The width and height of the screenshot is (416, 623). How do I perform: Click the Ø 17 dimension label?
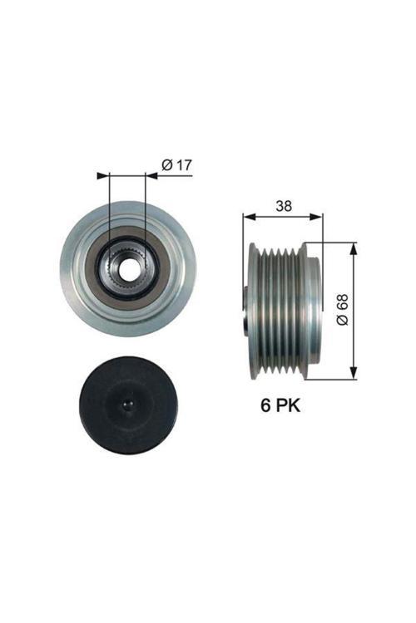176,165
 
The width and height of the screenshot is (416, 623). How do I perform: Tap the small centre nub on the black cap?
127,405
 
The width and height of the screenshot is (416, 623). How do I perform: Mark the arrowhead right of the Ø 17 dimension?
152,175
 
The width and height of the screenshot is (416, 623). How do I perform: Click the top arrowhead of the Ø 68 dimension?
355,248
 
